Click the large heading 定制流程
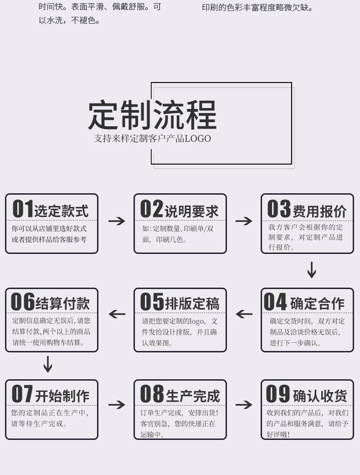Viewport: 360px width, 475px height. pyautogui.click(x=152, y=114)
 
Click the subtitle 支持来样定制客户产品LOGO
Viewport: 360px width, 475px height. pyautogui.click(x=152, y=139)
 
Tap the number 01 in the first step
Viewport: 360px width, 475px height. pyautogui.click(x=23, y=209)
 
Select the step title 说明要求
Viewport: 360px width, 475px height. pyautogui.click(x=191, y=211)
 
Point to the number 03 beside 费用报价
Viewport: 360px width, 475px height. pyautogui.click(x=278, y=209)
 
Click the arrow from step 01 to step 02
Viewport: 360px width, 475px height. pyautogui.click(x=117, y=221)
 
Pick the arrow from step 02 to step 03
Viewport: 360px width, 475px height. pyautogui.click(x=244, y=221)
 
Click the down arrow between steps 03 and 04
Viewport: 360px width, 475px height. pyautogui.click(x=312, y=270)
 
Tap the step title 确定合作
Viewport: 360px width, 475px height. pyautogui.click(x=317, y=304)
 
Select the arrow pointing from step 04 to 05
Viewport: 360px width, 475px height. pyautogui.click(x=244, y=314)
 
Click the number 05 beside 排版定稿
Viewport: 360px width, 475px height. pyautogui.click(x=152, y=301)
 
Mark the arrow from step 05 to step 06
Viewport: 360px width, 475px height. pyautogui.click(x=117, y=314)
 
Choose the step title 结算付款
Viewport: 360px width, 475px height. pyautogui.click(x=63, y=304)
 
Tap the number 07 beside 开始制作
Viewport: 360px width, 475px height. pyautogui.click(x=22, y=394)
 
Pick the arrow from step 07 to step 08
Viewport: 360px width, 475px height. pyautogui.click(x=117, y=405)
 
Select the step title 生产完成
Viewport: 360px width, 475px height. pyautogui.click(x=193, y=396)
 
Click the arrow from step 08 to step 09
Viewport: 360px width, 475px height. pyautogui.click(x=244, y=405)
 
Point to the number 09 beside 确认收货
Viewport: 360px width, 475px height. pyautogui.click(x=278, y=394)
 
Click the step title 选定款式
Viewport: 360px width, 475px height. pyautogui.click(x=62, y=211)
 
